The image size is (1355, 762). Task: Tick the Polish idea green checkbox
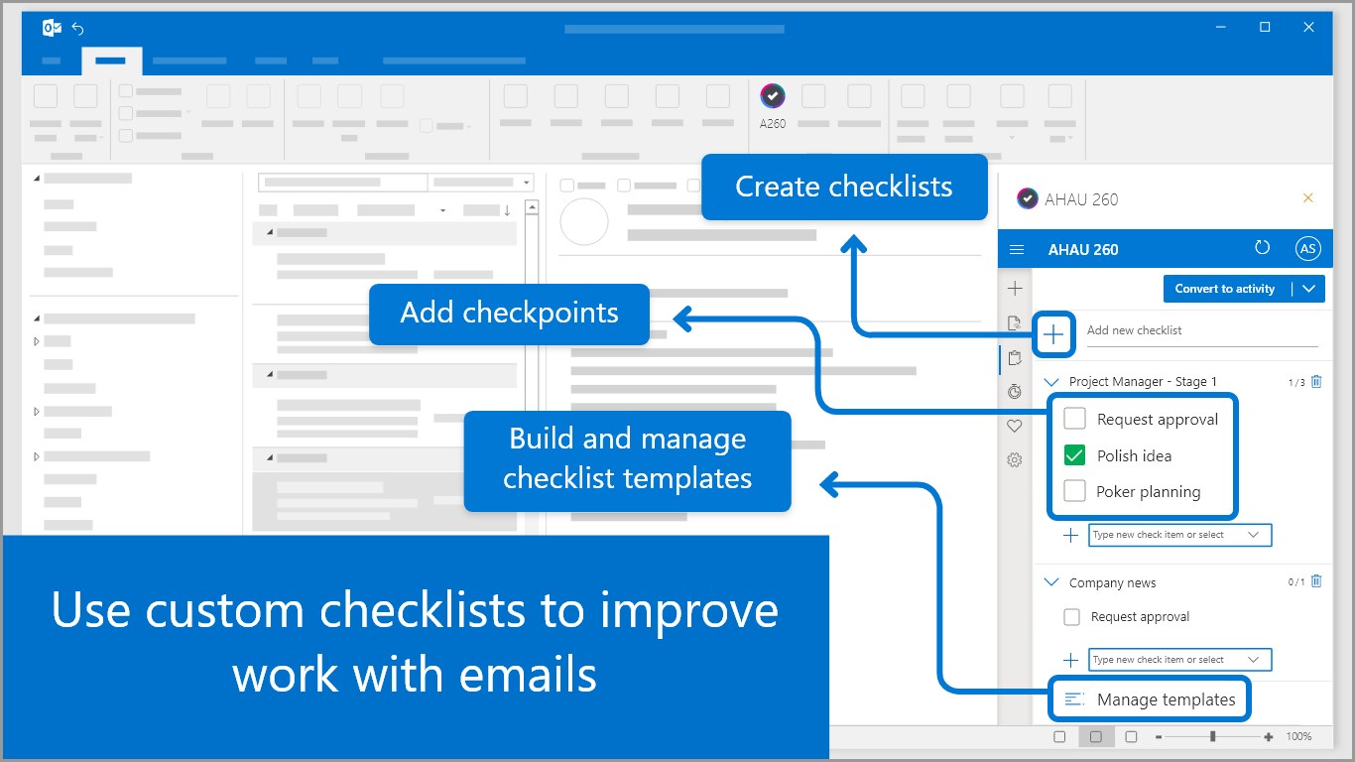click(1074, 455)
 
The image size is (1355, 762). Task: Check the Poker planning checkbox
click(1074, 491)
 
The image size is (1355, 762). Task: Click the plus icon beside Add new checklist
click(1053, 334)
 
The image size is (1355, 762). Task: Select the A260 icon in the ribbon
click(773, 95)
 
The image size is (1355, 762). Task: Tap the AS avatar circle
click(1307, 249)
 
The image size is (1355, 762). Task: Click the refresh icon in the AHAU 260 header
click(1262, 247)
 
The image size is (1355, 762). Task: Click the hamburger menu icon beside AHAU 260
click(1016, 249)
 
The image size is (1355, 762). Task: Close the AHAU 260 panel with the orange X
click(1307, 197)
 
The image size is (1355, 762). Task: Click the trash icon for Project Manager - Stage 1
click(1316, 381)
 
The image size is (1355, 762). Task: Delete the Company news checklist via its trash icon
click(1316, 581)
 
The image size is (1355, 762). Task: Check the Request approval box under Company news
click(1071, 617)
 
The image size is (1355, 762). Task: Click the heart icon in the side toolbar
click(1015, 426)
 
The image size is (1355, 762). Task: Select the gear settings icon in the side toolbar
click(1015, 460)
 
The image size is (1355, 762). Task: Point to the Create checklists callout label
click(844, 187)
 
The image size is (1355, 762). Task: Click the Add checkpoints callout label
click(509, 314)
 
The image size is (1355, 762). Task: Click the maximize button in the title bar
click(1265, 27)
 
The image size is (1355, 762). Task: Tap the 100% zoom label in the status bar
click(1298, 736)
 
